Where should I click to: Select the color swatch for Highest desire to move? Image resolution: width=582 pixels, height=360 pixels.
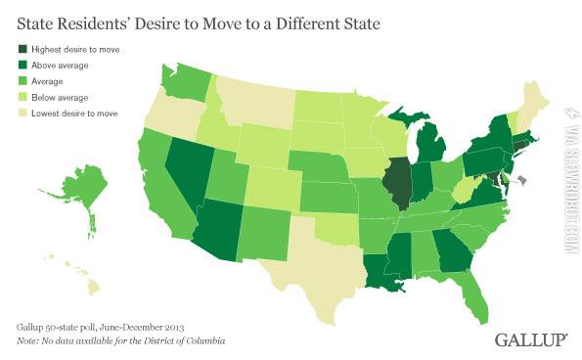click(22, 49)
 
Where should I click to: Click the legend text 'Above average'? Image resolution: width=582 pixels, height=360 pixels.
click(61, 66)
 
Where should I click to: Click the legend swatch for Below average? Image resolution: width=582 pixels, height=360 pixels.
click(22, 98)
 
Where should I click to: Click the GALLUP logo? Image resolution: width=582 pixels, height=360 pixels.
click(531, 338)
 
